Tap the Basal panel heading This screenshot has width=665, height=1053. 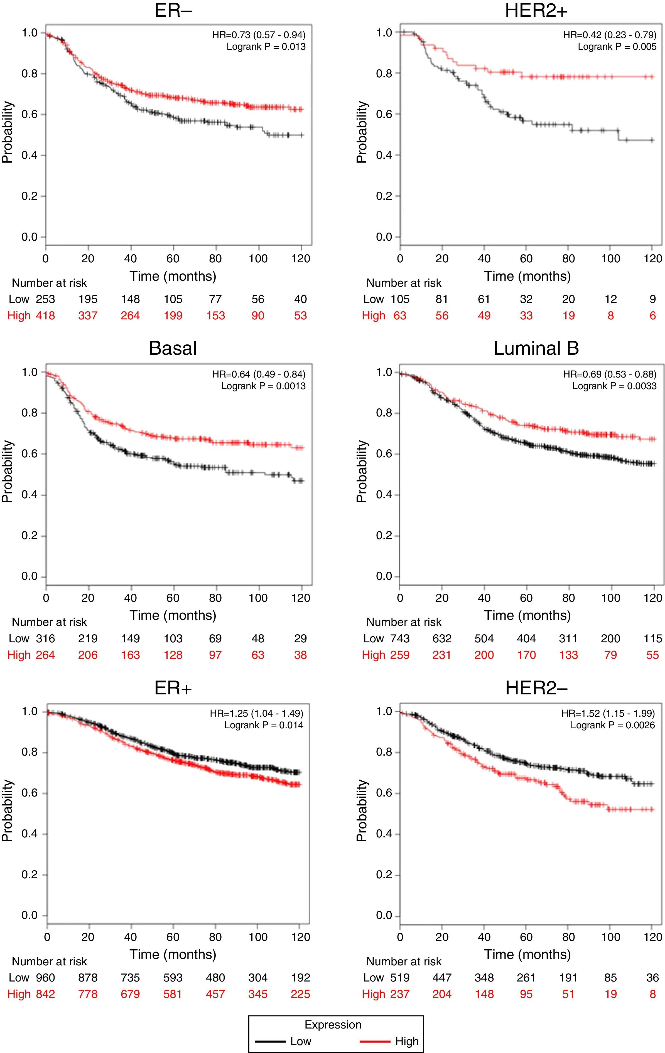[173, 348]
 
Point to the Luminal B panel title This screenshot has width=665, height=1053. [536, 348]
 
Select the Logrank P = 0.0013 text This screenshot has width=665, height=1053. [263, 386]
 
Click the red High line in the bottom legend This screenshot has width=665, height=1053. [375, 1041]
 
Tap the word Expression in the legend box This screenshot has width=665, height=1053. [333, 1025]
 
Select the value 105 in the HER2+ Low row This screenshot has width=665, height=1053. [400, 299]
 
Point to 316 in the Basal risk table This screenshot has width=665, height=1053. [45, 638]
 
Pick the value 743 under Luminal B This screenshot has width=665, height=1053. [400, 638]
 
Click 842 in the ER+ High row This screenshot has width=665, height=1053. [45, 994]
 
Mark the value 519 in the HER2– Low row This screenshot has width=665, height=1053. [400, 977]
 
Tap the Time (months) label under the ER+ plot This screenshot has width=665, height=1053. [173, 954]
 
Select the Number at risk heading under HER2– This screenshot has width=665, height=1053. [404, 961]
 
